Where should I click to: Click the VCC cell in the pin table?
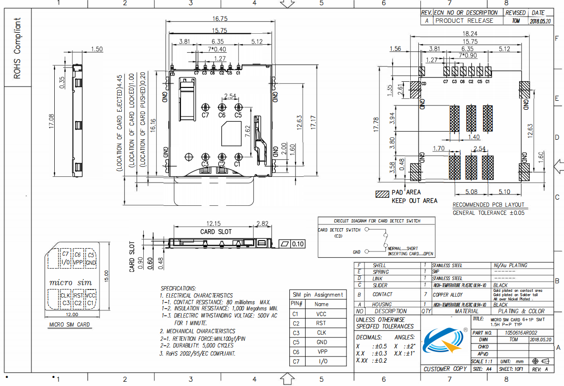(x=321, y=314)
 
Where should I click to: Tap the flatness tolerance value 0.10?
(x=298, y=244)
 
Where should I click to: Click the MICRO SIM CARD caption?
(x=69, y=325)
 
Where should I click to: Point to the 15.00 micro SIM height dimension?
(x=107, y=276)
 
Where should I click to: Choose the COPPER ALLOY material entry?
(x=447, y=295)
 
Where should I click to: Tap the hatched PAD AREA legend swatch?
(x=382, y=194)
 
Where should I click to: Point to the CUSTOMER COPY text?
(x=445, y=369)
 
